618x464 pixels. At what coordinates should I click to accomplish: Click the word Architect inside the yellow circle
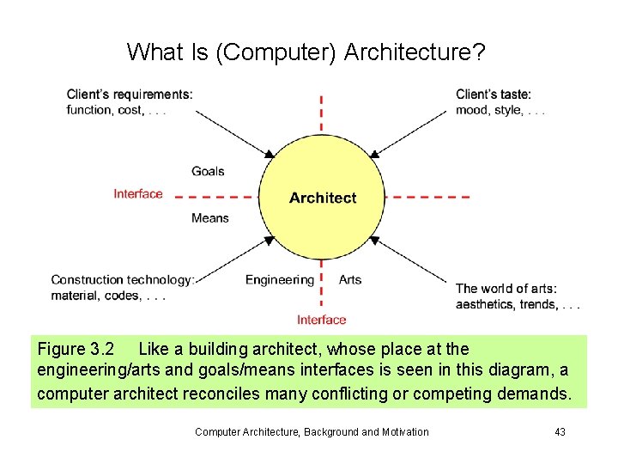click(x=322, y=198)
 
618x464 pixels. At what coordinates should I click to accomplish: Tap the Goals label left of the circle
click(x=208, y=171)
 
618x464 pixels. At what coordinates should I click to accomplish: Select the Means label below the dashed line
click(x=209, y=218)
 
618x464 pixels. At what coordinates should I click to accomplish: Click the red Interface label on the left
click(x=137, y=194)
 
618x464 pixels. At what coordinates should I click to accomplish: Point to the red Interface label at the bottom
click(x=322, y=320)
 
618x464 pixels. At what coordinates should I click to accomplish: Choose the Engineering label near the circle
click(x=280, y=279)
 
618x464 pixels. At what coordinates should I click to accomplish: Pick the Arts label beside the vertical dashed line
click(x=350, y=279)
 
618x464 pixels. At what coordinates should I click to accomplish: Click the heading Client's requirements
click(x=130, y=95)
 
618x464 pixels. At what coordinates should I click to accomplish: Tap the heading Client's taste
click(x=494, y=95)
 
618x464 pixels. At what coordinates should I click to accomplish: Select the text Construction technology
click(x=122, y=280)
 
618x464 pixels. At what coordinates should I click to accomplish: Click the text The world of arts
click(x=506, y=289)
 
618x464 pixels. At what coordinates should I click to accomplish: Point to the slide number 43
click(x=560, y=431)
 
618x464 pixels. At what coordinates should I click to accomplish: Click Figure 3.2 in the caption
click(x=76, y=350)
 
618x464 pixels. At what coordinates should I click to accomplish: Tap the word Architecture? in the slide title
click(x=414, y=52)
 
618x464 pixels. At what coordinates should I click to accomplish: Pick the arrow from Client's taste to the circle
click(x=412, y=132)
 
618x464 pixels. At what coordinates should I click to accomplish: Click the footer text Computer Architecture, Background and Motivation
click(x=312, y=431)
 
